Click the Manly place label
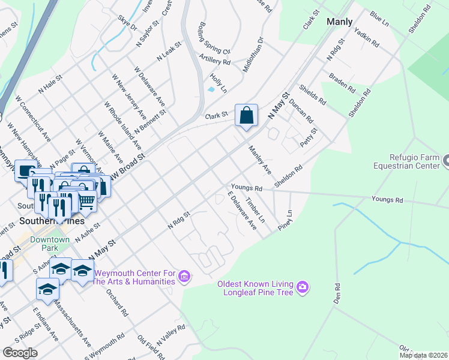[339, 22]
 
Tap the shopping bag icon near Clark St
[246, 115]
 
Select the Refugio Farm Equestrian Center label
[406, 161]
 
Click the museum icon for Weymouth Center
[185, 277]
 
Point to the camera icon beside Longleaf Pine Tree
[303, 287]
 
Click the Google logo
[20, 352]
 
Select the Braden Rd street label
[342, 82]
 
